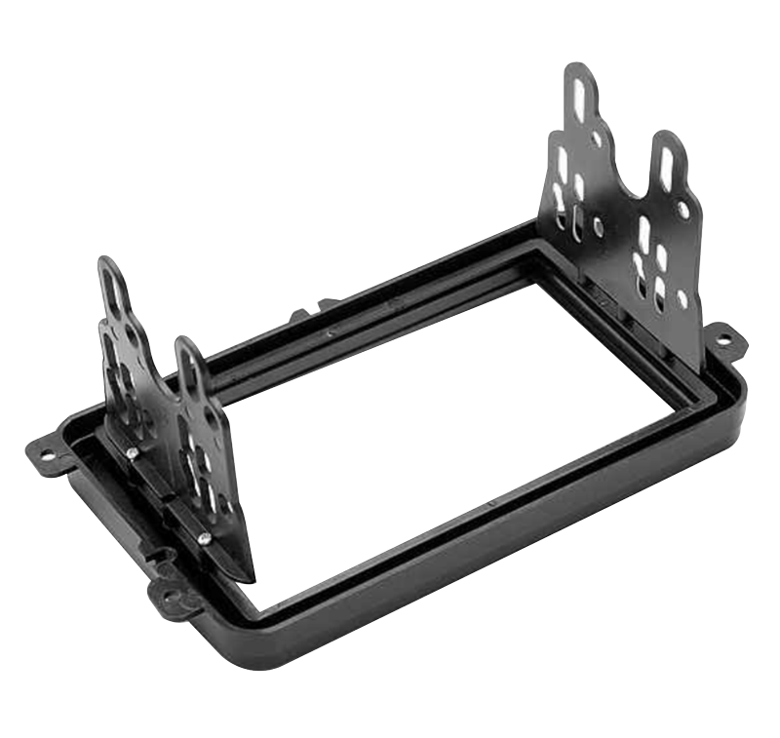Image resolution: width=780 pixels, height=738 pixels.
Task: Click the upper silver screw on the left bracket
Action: (131, 450)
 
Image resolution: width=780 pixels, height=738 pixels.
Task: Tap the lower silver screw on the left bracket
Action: (204, 537)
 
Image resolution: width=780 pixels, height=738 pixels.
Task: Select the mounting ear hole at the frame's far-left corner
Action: (45, 452)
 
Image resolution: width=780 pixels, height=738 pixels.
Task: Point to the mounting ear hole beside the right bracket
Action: (722, 339)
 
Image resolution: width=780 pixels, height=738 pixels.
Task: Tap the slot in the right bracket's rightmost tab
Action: (668, 166)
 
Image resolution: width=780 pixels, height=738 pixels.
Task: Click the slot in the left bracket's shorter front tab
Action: (189, 371)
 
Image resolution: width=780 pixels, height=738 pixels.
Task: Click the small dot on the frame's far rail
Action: (330, 332)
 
